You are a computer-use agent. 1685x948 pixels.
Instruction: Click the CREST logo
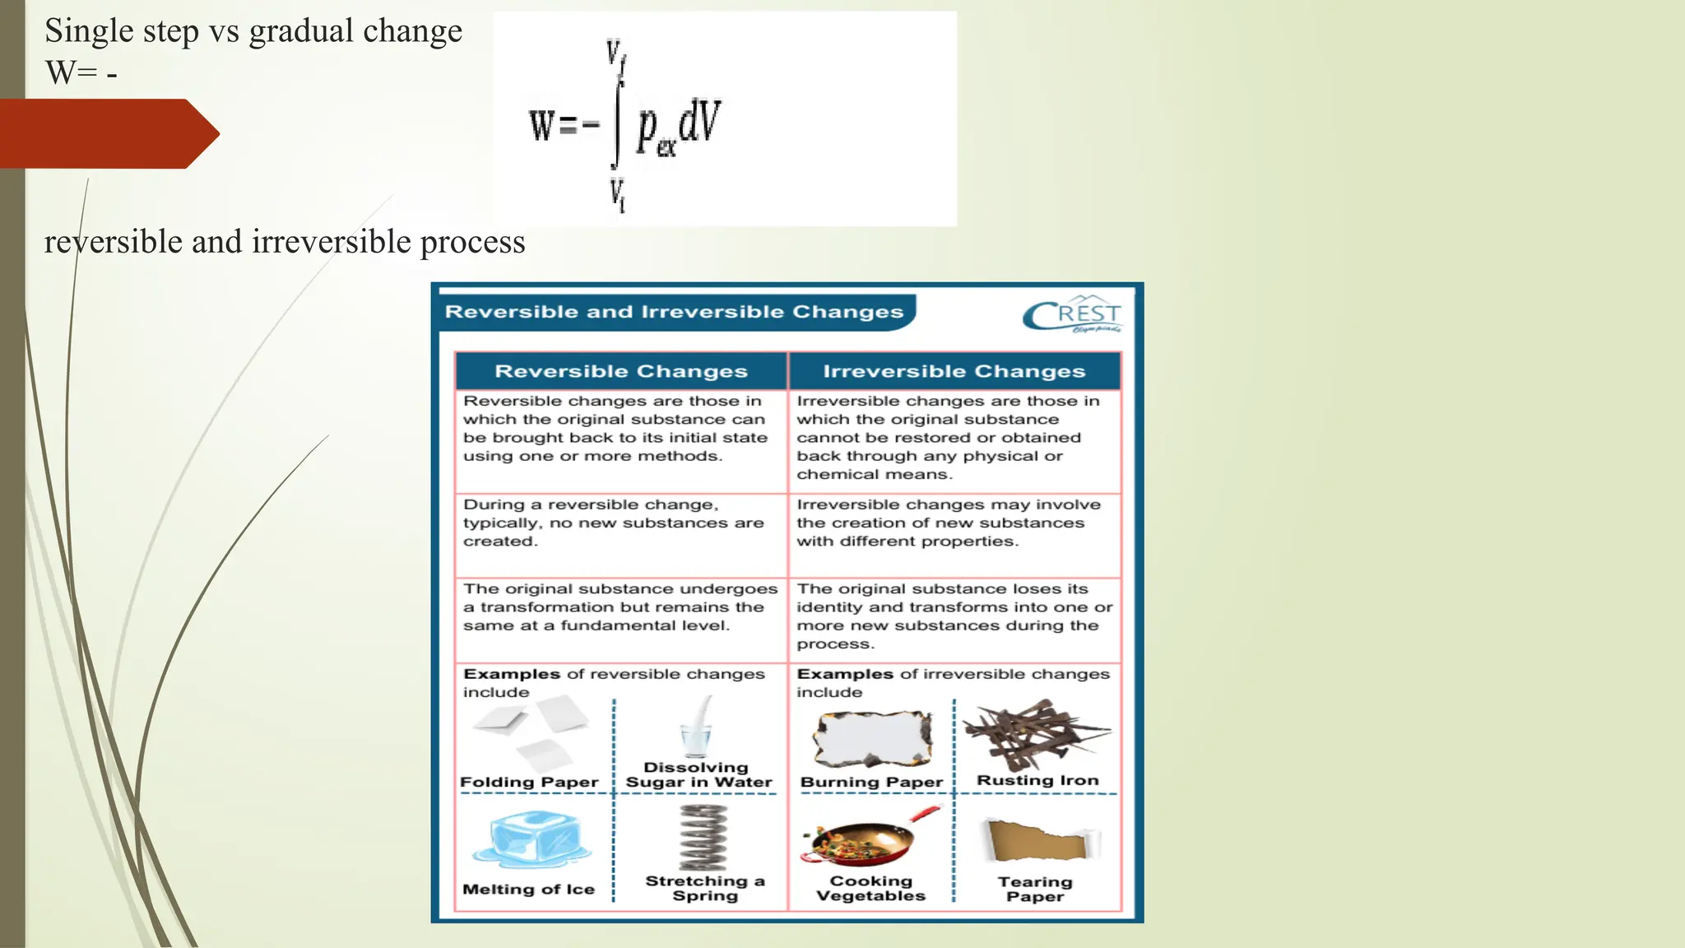(x=1072, y=314)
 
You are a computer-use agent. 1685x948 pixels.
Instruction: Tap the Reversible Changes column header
(x=621, y=371)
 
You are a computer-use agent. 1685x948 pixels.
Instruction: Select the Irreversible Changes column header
(x=954, y=371)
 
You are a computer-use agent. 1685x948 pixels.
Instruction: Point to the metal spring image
(x=703, y=837)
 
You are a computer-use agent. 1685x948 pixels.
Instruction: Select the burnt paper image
(x=872, y=739)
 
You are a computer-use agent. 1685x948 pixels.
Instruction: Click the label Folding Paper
(x=529, y=782)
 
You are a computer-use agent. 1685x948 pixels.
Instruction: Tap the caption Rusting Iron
(x=1037, y=780)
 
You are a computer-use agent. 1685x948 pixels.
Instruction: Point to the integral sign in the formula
(x=618, y=123)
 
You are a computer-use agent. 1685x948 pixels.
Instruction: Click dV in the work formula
(x=699, y=120)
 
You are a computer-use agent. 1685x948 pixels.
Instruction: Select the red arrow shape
(x=107, y=133)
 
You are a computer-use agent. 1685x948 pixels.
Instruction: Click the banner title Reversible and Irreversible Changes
(x=674, y=312)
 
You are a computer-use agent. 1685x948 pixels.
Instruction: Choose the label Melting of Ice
(x=528, y=889)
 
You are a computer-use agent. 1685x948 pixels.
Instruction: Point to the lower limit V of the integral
(x=617, y=194)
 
